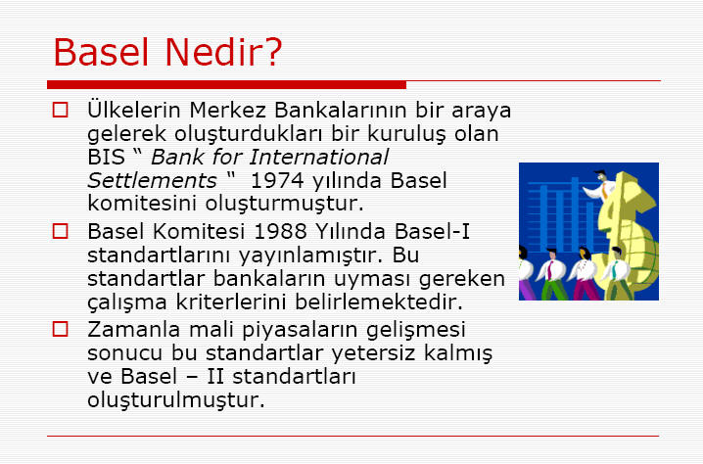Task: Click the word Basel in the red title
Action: point(101,52)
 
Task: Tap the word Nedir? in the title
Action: point(223,52)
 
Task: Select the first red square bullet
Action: point(60,110)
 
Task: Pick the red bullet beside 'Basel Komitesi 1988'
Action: point(60,231)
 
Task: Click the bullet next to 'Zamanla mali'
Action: point(60,329)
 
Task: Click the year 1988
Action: point(280,231)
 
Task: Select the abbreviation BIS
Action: point(106,157)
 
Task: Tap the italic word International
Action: point(319,157)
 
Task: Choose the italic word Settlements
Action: point(152,181)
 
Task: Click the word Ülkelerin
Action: point(133,110)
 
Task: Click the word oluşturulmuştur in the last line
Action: point(176,400)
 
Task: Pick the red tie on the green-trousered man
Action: point(550,270)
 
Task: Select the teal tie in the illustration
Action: point(615,269)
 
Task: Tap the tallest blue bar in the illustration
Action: point(575,214)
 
